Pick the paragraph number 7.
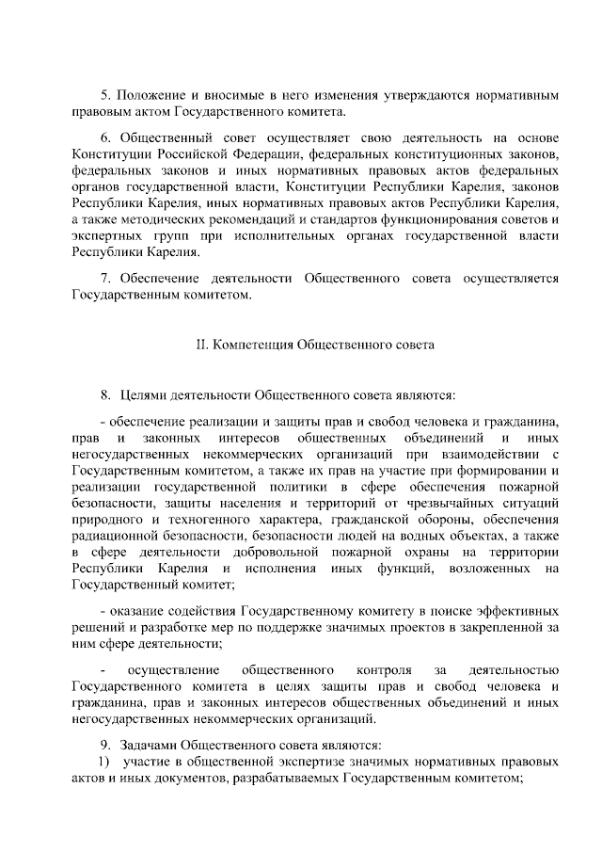(x=104, y=279)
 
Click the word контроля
(x=387, y=669)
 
